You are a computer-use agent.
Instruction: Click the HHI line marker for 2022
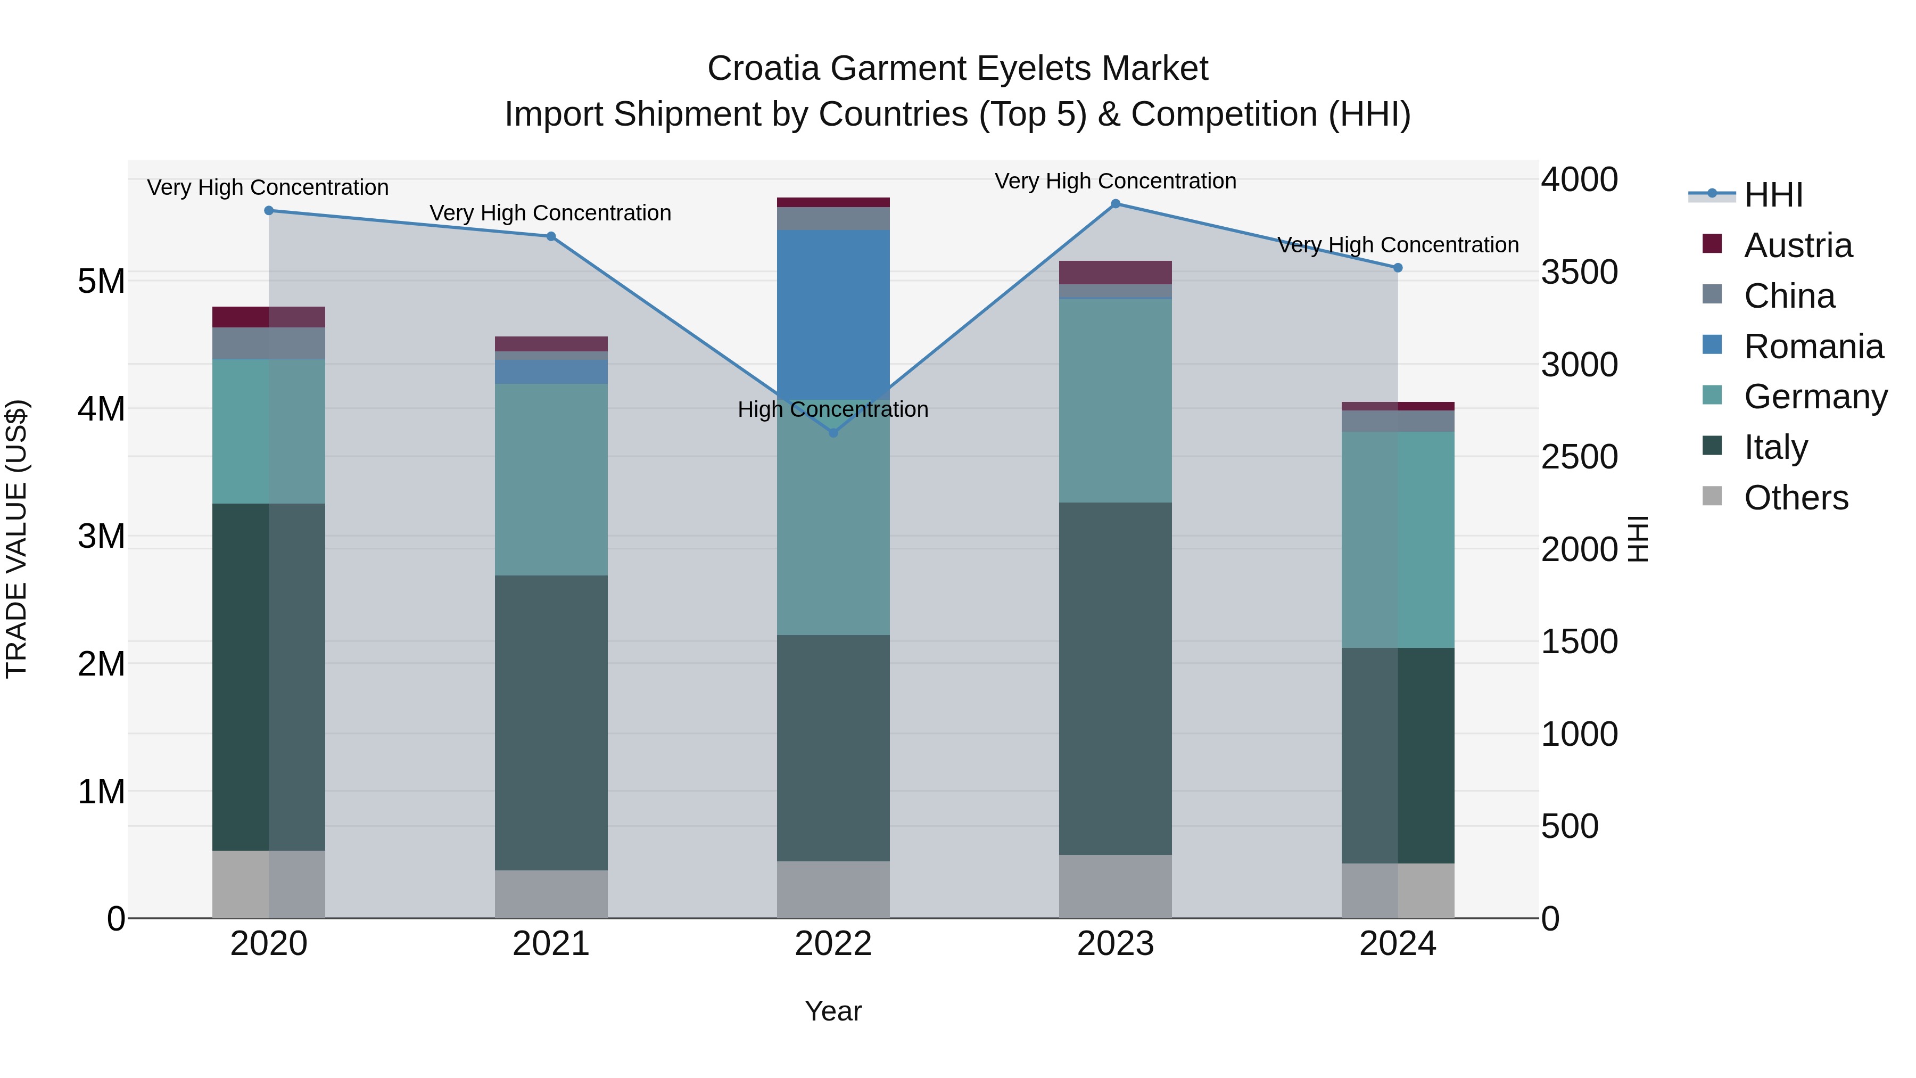pos(833,432)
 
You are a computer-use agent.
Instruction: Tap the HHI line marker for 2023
pos(1115,204)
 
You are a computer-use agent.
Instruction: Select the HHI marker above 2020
pos(269,210)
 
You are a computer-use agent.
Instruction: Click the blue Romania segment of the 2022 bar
pos(833,312)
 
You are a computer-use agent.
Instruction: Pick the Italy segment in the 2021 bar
pos(551,722)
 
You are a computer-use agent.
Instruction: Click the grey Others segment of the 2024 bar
pos(1398,891)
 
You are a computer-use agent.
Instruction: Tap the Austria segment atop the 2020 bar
pos(269,317)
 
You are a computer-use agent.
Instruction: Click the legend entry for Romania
pos(1813,347)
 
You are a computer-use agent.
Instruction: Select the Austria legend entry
pos(1798,245)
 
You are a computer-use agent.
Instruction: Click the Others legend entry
pos(1796,498)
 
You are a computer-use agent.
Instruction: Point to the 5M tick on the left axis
pos(101,281)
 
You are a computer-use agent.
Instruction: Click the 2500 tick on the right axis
pos(1579,457)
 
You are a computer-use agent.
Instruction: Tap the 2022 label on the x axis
pos(833,944)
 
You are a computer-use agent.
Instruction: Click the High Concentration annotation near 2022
pos(833,409)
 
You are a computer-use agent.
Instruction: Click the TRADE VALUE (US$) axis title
pos(16,539)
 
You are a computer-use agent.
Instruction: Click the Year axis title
pos(833,1011)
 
